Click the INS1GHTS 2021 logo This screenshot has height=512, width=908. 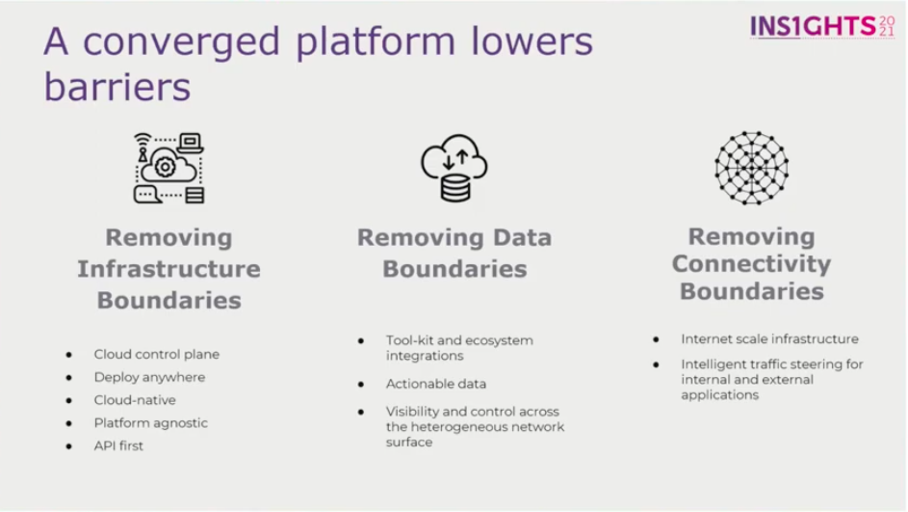coord(822,26)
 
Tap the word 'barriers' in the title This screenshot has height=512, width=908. coord(117,87)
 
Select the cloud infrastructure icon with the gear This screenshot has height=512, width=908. coord(169,168)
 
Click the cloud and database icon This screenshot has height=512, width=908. coord(454,168)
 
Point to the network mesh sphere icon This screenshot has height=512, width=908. coord(751,168)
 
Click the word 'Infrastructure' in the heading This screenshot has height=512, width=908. coord(169,268)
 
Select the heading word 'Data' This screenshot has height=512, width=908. coord(522,237)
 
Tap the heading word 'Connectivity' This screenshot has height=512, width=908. coord(751,264)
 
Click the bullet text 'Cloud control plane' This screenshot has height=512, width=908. coord(156,354)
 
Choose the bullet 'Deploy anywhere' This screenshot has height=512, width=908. coord(149,377)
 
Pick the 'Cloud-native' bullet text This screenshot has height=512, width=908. coord(135,400)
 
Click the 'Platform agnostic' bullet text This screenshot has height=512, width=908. coord(150,422)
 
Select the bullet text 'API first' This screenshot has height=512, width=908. coord(118,445)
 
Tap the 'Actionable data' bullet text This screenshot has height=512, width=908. coord(436,384)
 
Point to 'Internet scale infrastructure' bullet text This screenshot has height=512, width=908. coord(769,339)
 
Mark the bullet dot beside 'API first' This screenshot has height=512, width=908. coord(69,446)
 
